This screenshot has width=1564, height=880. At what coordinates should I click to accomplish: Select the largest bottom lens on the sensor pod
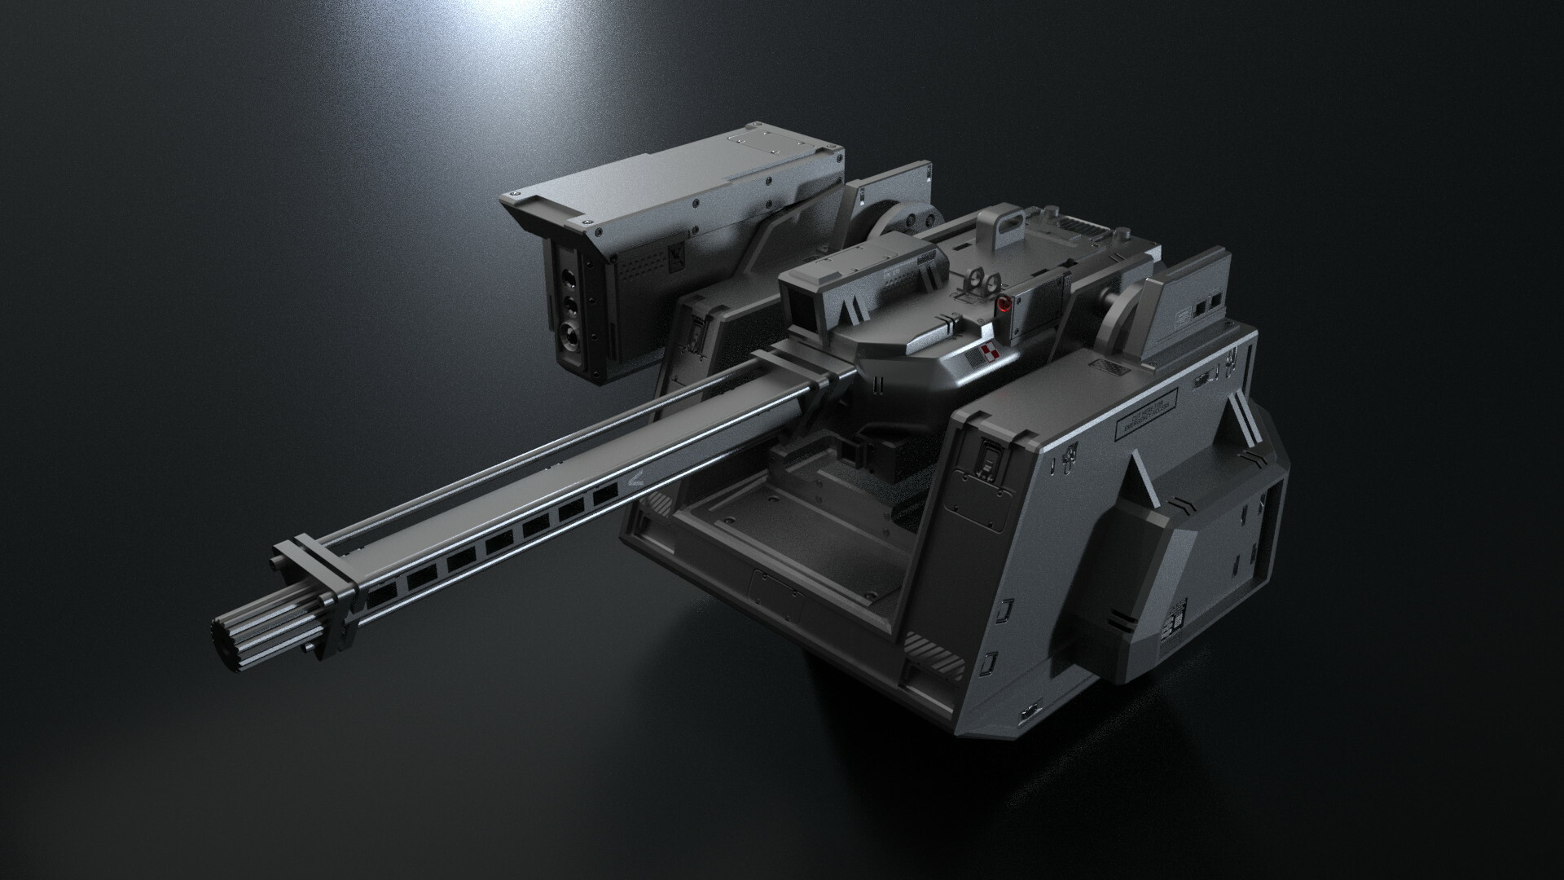tap(567, 332)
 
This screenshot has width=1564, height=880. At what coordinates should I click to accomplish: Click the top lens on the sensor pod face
tap(569, 278)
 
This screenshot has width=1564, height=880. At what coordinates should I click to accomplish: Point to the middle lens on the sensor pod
tap(569, 303)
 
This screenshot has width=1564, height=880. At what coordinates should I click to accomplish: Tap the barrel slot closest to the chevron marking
tap(604, 495)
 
